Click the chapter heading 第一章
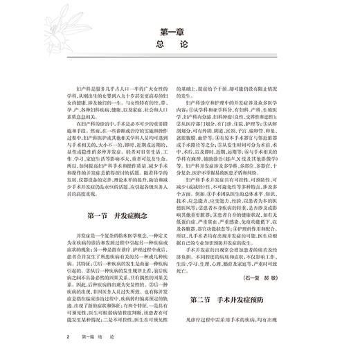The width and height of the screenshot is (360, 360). (180, 31)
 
